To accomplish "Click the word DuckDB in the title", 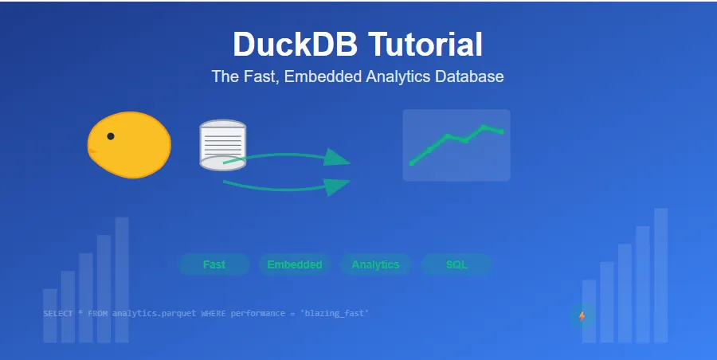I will coord(296,45).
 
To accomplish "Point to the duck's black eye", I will coord(111,136).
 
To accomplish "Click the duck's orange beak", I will coord(92,150).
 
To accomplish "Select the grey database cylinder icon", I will coord(222,144).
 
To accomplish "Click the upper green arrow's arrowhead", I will coord(338,157).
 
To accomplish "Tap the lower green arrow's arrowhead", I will coord(338,186).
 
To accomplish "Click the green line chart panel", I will coord(456,145).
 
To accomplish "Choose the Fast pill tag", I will coord(214,264).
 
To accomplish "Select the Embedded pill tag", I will coord(295,264).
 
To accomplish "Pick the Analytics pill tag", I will coord(375,264).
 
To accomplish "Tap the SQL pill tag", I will coord(456,264).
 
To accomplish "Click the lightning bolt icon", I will coord(582,316).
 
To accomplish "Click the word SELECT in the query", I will coord(58,314).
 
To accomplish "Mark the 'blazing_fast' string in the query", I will coord(334,314).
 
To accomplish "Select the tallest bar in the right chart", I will coord(660,275).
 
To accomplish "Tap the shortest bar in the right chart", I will coord(589,311).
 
